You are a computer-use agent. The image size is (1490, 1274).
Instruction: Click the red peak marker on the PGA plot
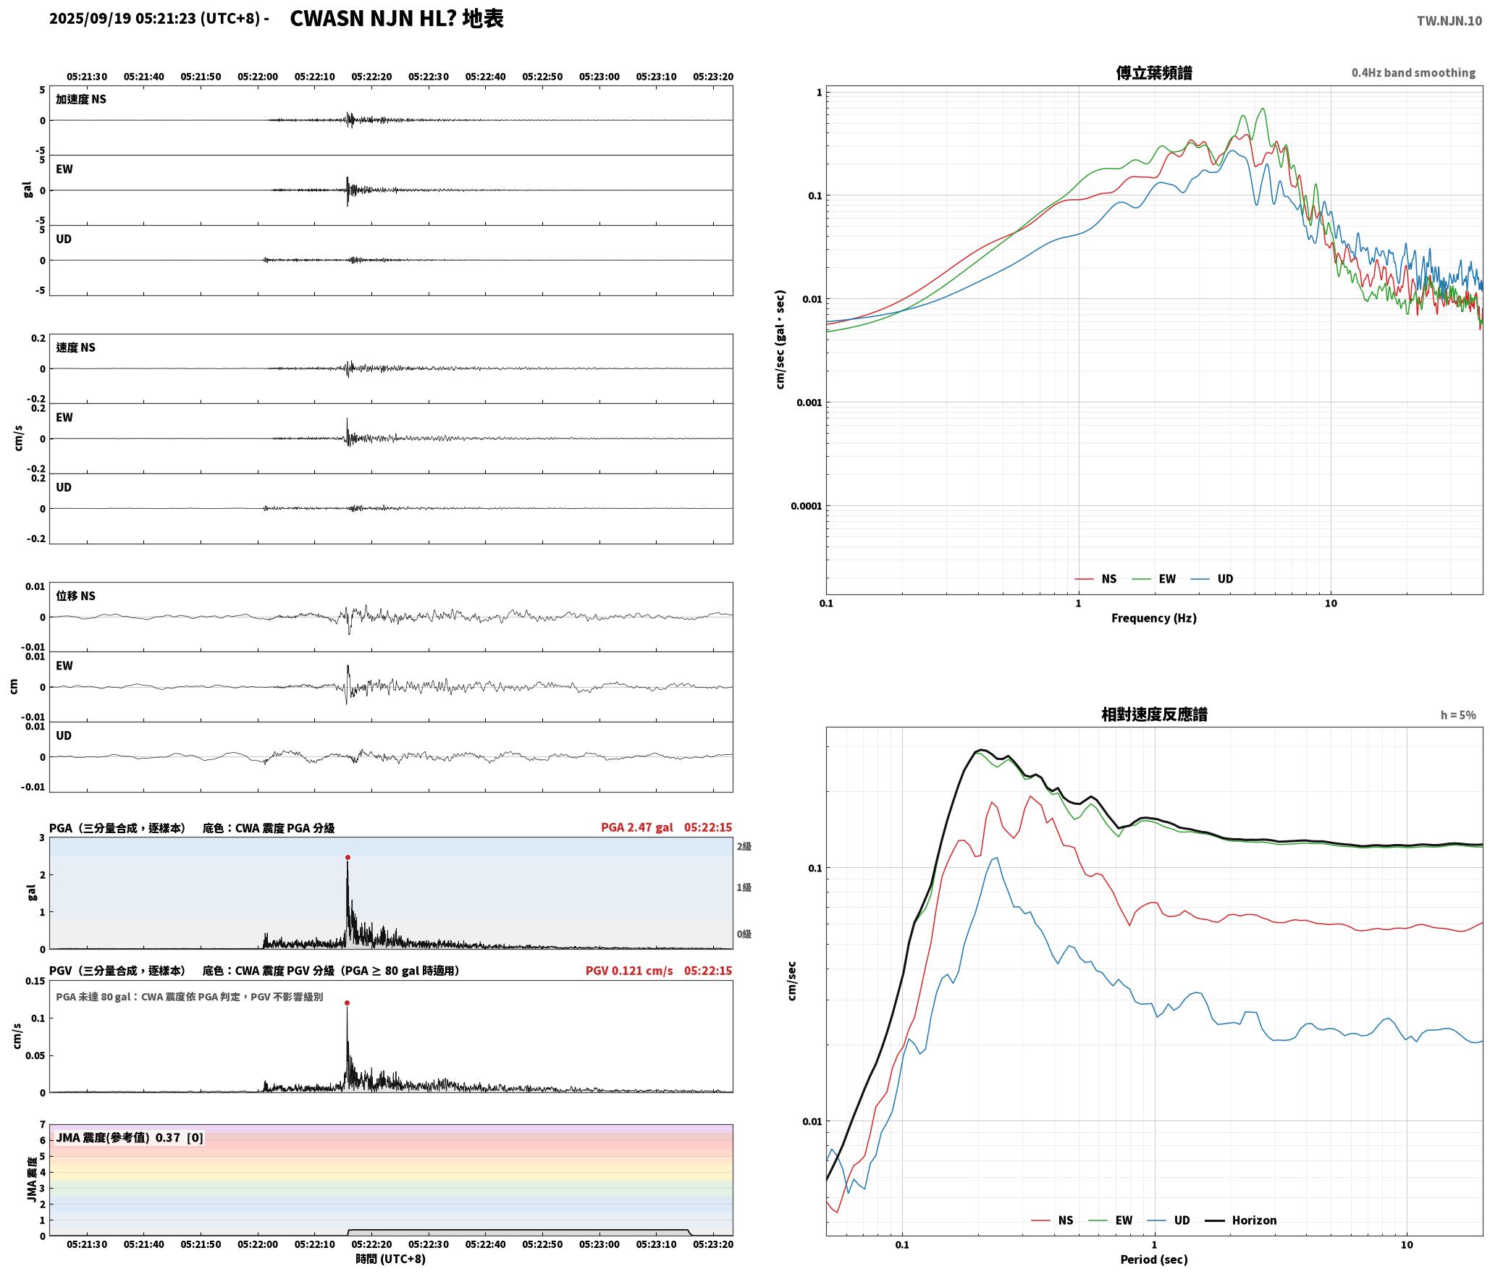coord(348,857)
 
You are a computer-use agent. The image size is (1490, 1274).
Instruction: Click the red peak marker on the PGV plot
coord(347,1003)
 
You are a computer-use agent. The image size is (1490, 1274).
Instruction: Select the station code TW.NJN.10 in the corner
coord(1449,21)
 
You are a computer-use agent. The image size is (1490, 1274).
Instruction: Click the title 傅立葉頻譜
coord(1154,72)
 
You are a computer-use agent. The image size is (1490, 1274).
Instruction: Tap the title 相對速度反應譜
coord(1154,714)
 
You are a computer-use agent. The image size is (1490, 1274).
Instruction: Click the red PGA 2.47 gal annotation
coord(637,827)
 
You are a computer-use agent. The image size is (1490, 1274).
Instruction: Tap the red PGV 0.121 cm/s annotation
coord(629,970)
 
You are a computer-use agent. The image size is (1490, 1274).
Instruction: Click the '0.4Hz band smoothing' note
coord(1413,72)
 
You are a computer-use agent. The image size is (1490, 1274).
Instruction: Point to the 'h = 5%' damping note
coord(1458,714)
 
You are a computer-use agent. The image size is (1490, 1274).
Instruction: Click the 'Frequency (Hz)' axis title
coord(1154,617)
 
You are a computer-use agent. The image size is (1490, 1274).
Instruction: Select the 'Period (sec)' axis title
coord(1154,1259)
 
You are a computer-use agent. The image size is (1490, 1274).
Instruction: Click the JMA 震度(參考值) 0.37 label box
coord(130,1137)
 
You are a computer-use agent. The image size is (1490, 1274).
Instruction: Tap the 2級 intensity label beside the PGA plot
coord(744,846)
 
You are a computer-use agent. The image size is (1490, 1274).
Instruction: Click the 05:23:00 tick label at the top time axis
coord(599,76)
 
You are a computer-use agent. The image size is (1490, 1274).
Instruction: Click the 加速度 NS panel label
coord(81,99)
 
